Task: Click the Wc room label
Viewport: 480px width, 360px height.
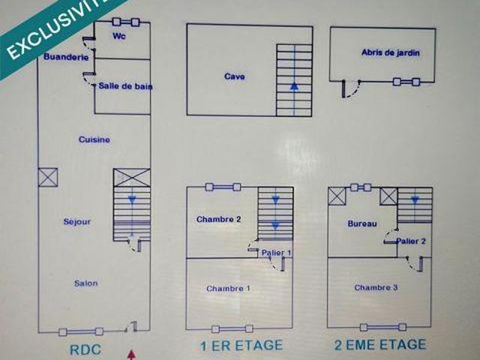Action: point(119,36)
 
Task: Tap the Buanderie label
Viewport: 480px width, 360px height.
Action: point(66,57)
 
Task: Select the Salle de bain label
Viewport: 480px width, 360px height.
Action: point(125,86)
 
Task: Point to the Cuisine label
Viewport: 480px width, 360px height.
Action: point(94,139)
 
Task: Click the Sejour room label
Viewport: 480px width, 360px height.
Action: point(77,222)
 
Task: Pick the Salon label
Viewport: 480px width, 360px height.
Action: point(86,283)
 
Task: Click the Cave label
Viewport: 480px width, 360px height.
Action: point(235,76)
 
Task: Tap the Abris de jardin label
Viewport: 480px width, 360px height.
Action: point(390,52)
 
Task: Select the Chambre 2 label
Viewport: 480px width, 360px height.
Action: point(218,219)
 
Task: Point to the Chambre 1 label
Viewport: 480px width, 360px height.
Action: point(228,289)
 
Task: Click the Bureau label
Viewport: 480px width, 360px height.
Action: point(362,223)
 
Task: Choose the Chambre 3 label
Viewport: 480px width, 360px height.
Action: point(376,287)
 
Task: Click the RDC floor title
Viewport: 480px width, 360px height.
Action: point(85,349)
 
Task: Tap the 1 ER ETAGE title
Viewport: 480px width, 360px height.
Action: point(241,346)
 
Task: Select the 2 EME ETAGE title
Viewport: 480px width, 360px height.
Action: point(380,345)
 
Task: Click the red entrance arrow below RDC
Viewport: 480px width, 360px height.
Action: point(131,355)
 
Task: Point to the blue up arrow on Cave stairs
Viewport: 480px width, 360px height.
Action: point(294,86)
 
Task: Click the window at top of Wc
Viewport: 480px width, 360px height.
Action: point(126,22)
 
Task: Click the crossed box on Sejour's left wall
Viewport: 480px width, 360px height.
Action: point(48,177)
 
